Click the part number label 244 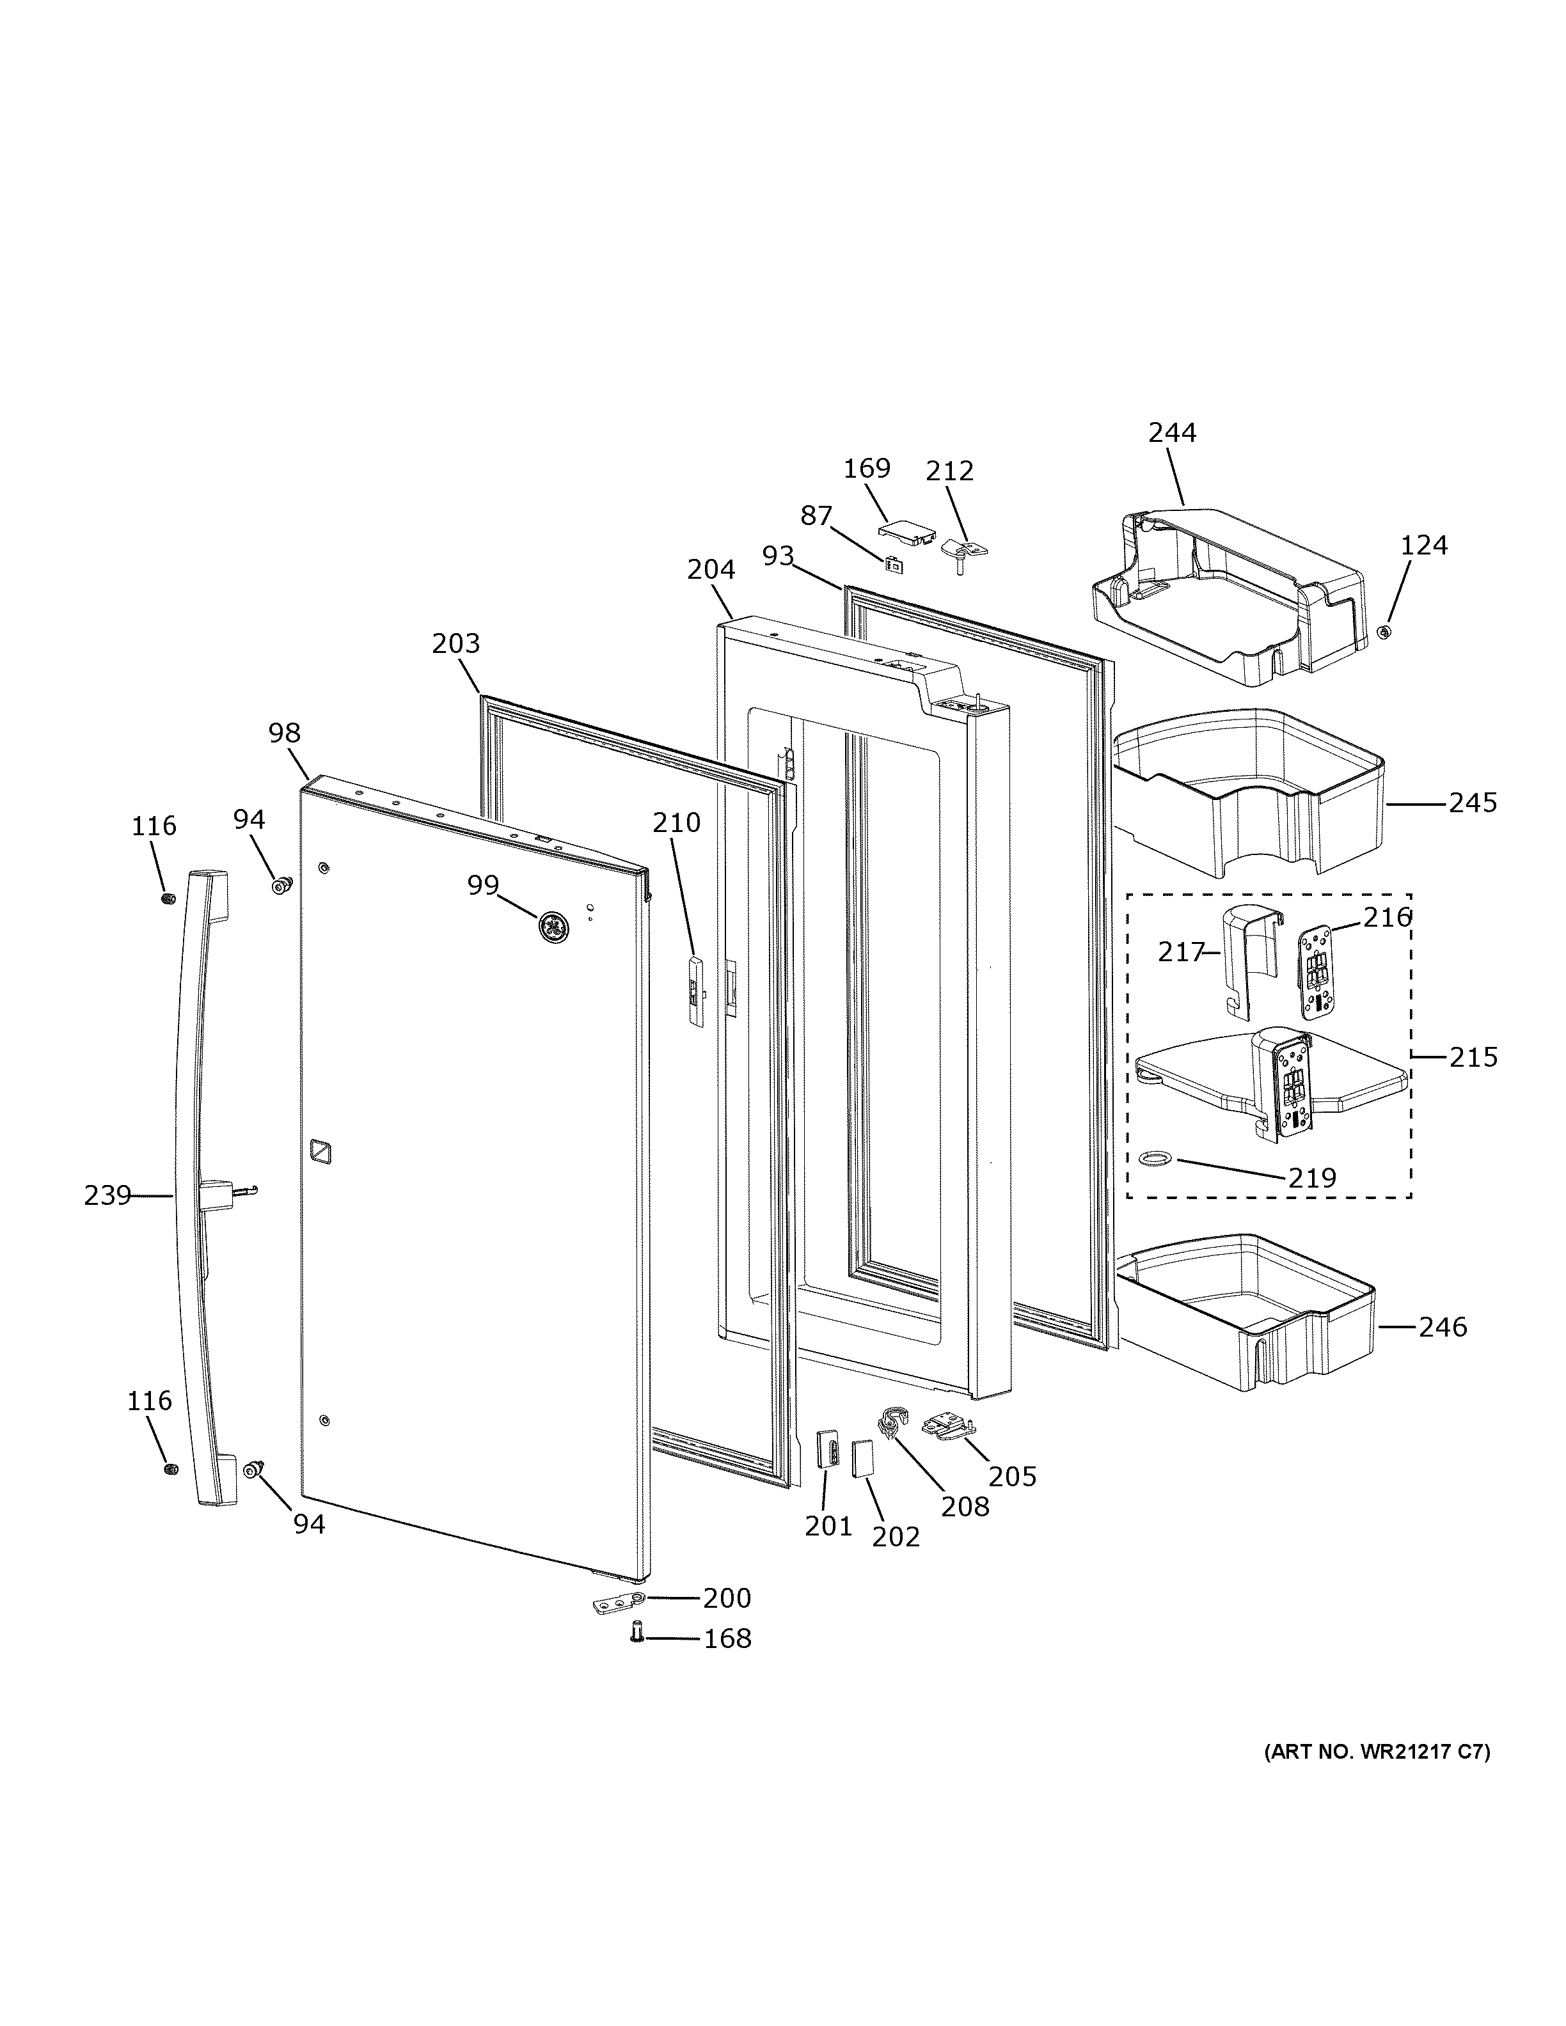tap(1172, 432)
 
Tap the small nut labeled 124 tap(1382, 632)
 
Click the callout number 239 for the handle tap(107, 1196)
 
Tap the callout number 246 tap(1443, 1328)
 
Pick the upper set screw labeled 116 tap(168, 899)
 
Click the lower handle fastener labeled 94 tap(252, 1468)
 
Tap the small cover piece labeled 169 tap(905, 533)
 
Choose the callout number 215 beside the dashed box tap(1473, 1056)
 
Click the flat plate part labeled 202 tap(863, 1456)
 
